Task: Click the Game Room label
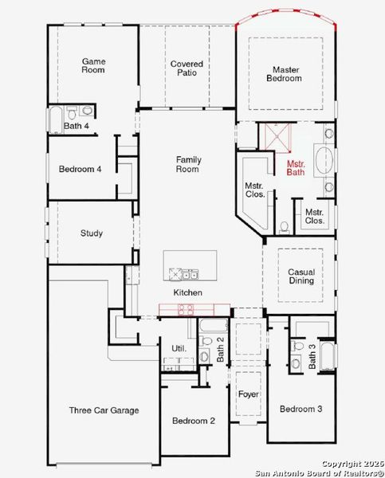pyautogui.click(x=93, y=65)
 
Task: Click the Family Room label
pyautogui.click(x=188, y=164)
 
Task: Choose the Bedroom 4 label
pyautogui.click(x=81, y=169)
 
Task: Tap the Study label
pyautogui.click(x=91, y=233)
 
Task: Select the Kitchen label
pyautogui.click(x=188, y=293)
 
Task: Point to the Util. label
pyautogui.click(x=179, y=348)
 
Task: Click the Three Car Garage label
pyautogui.click(x=104, y=410)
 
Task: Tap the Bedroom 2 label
pyautogui.click(x=194, y=421)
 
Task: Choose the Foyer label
pyautogui.click(x=248, y=394)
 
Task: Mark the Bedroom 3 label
pyautogui.click(x=301, y=409)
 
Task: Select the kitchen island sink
pyautogui.click(x=188, y=274)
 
